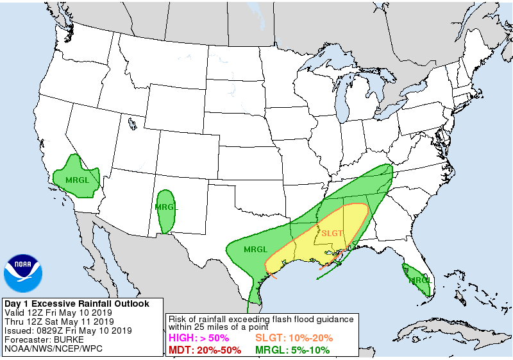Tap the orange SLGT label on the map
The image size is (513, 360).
pos(332,234)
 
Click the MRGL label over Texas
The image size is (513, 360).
pos(255,249)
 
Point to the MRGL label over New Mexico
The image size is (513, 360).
pos(165,207)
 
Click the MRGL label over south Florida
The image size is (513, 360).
pos(420,280)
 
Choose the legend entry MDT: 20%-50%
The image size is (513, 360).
pos(205,350)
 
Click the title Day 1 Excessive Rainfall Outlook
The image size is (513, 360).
pos(77,304)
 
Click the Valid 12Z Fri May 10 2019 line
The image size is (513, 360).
pos(59,313)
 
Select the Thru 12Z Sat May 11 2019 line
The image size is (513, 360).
pos(59,321)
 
